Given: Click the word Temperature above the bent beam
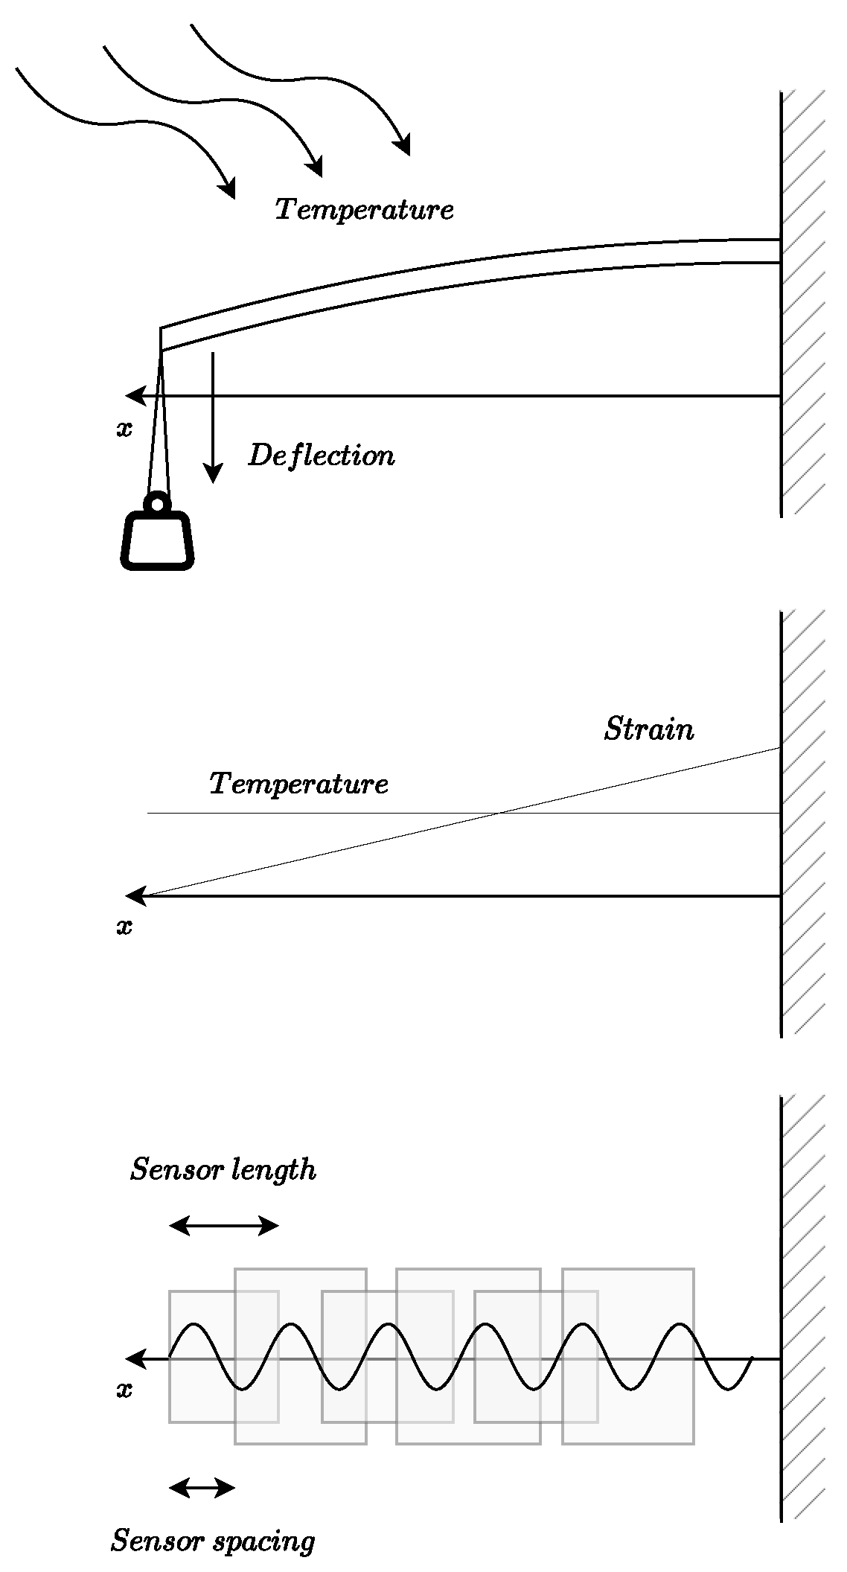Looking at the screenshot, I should tap(364, 210).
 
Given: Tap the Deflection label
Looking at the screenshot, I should tap(321, 456).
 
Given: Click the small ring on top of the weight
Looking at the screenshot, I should tap(157, 504).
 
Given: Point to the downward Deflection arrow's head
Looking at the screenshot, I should tap(214, 473).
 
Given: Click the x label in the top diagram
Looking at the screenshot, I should tap(124, 429).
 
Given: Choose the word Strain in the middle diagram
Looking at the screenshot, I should tap(648, 729).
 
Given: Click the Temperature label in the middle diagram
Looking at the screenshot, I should tap(298, 785).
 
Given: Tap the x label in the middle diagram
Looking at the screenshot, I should tap(124, 927).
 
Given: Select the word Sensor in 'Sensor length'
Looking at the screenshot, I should tap(176, 1169).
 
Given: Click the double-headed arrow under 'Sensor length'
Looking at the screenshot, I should tap(223, 1225).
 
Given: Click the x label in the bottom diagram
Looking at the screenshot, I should tap(124, 1390).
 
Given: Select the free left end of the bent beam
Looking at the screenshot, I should tap(161, 339).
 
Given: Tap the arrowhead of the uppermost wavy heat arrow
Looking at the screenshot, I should tap(404, 146).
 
